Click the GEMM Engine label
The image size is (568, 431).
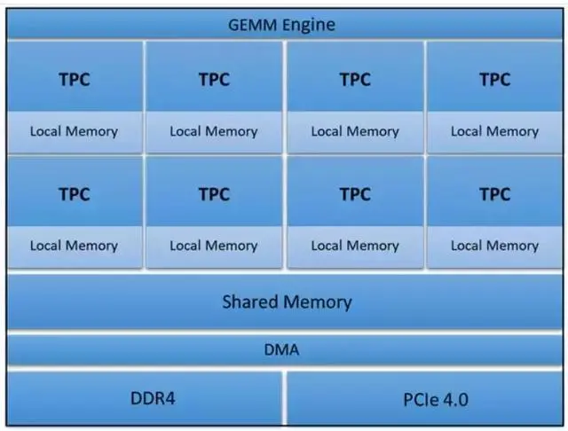[282, 24]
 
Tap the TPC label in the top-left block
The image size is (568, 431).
[74, 80]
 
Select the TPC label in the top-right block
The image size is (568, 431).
[494, 80]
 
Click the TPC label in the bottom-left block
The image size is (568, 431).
[74, 194]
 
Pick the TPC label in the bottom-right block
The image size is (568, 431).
[494, 194]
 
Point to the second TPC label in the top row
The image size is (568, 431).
[214, 80]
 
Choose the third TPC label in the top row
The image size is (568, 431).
[355, 80]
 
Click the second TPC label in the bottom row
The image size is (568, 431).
[214, 194]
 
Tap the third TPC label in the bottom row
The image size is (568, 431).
[355, 194]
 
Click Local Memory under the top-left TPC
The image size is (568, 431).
[74, 131]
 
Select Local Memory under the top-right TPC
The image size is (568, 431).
[494, 131]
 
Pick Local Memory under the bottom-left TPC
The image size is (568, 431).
[74, 246]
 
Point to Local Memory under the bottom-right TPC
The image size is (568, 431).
[494, 246]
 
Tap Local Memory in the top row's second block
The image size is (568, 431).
[214, 131]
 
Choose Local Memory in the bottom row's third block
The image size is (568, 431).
[355, 246]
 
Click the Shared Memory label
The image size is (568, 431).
[287, 302]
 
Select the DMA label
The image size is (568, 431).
[281, 350]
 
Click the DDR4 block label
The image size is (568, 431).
[153, 398]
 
